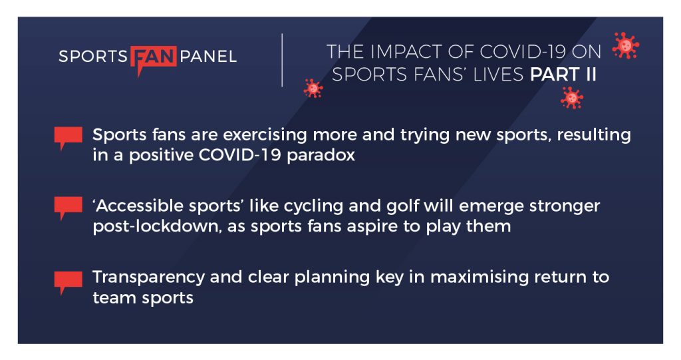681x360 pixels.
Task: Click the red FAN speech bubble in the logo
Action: [x=154, y=58]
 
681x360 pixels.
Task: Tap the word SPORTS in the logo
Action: [x=93, y=57]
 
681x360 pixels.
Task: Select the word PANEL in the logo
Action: [x=208, y=57]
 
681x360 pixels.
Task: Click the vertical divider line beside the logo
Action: [x=282, y=60]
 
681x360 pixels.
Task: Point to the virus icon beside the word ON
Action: [x=625, y=45]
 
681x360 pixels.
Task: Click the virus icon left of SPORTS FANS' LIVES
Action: [x=313, y=89]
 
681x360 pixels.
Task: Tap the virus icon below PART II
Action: [x=572, y=98]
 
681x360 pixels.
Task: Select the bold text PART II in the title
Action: [x=563, y=75]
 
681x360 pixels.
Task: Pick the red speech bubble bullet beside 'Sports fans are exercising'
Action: [x=68, y=137]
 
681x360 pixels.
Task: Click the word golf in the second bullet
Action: [x=402, y=206]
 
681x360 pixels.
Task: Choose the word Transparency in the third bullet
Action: [x=148, y=277]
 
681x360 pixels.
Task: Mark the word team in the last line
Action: [x=113, y=298]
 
